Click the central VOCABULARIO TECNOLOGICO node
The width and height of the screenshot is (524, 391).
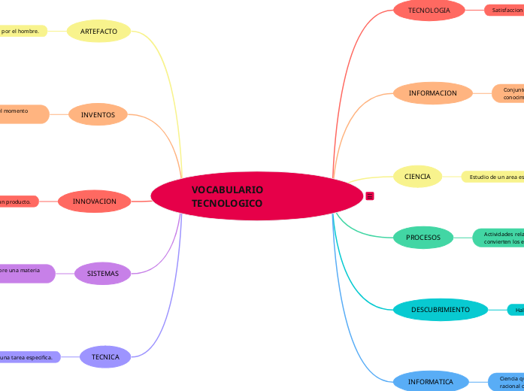[257, 197]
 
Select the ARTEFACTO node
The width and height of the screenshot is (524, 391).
[98, 32]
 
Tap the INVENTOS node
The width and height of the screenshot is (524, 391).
[98, 115]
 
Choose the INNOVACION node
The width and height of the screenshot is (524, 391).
[95, 202]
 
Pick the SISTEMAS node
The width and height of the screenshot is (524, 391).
[103, 274]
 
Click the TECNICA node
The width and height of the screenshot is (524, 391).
[105, 357]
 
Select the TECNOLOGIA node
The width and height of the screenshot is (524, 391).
[429, 11]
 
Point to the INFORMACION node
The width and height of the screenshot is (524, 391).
[432, 93]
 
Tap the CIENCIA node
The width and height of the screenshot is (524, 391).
[417, 177]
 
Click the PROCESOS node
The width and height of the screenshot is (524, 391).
[423, 238]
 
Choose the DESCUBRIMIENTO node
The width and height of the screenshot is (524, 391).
[441, 310]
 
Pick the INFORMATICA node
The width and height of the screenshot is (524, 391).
[431, 382]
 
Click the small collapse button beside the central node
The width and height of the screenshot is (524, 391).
[369, 196]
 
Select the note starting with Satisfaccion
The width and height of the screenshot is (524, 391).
[504, 11]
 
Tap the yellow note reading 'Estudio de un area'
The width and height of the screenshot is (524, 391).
[493, 177]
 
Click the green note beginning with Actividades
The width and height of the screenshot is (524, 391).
[498, 238]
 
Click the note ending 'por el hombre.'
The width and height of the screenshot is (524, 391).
[23, 32]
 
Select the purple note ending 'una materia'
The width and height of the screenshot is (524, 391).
[26, 274]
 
